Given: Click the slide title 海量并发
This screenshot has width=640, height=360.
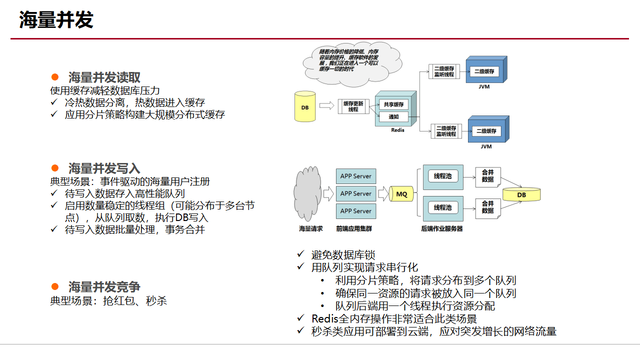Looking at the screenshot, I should click(56, 20).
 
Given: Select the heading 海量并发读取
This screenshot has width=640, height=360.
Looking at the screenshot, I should click(104, 77).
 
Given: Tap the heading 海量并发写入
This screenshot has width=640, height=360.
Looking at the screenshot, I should click(104, 168).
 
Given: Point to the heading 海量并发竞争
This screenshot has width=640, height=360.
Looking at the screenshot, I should click(104, 287).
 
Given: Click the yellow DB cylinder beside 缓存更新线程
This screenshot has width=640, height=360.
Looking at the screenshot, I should click(305, 106).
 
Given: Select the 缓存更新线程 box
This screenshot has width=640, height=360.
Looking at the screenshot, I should click(353, 106).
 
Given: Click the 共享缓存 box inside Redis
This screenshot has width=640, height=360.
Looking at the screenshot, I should click(393, 105).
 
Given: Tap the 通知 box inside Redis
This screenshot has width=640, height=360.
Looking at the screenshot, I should click(393, 117).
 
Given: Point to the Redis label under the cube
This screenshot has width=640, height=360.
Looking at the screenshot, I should click(397, 130).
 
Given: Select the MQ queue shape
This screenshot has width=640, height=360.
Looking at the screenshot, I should click(401, 193).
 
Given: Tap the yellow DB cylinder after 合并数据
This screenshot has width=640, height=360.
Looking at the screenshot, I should click(521, 194).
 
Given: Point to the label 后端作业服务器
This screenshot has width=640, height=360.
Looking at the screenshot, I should click(442, 228).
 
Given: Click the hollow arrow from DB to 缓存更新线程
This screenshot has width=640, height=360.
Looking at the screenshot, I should click(326, 105).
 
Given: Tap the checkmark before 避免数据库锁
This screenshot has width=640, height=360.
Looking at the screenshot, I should click(300, 254).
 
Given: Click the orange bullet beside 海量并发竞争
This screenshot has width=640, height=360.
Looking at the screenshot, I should click(55, 287).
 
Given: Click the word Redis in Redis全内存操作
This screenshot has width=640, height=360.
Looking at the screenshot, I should click(324, 318).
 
